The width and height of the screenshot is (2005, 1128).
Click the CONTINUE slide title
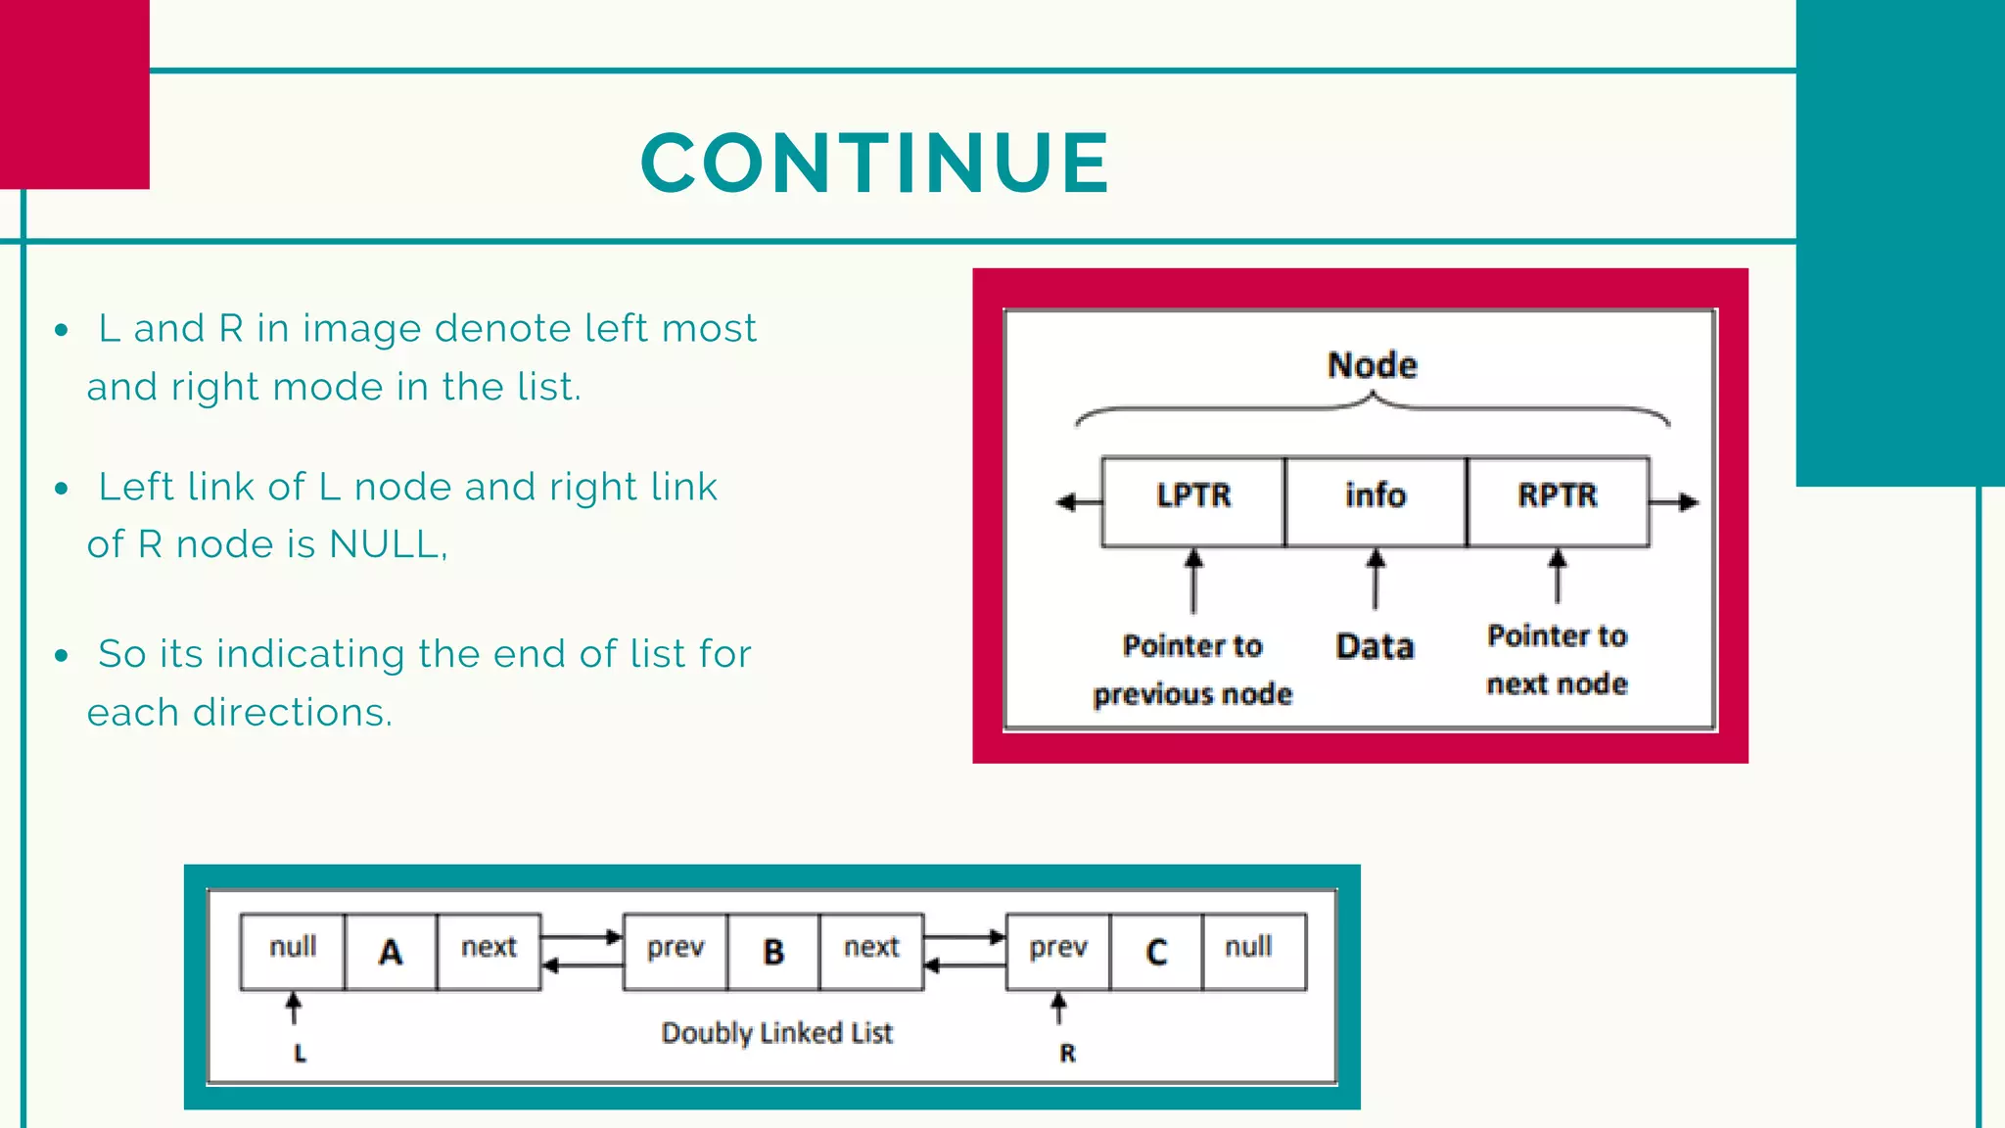[x=875, y=163]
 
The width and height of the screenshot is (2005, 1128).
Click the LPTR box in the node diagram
[x=1192, y=500]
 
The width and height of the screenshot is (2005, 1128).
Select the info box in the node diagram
[x=1375, y=500]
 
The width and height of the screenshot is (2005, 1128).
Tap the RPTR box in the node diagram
[x=1557, y=500]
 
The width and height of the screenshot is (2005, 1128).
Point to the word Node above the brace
[x=1373, y=365]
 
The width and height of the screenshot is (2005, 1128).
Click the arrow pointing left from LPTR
[x=1076, y=502]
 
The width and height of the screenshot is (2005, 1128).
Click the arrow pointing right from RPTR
[x=1676, y=502]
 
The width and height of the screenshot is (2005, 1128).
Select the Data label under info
[x=1375, y=646]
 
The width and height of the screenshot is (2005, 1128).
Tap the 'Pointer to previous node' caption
[x=1192, y=670]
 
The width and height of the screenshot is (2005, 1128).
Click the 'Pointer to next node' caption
[x=1557, y=659]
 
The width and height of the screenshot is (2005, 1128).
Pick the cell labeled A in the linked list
[x=391, y=952]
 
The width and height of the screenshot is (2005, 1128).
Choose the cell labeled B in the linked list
[x=773, y=952]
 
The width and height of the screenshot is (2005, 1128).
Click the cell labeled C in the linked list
[x=1156, y=952]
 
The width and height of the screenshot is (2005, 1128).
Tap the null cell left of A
[x=293, y=949]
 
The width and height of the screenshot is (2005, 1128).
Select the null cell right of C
[x=1249, y=949]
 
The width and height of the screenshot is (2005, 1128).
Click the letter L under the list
[x=300, y=1054]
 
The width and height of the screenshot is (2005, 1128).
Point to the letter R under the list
[x=1067, y=1054]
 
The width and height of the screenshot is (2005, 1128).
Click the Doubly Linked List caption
[x=776, y=1033]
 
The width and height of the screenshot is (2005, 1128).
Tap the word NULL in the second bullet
[x=385, y=544]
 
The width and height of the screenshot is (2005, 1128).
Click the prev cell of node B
[x=676, y=949]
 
